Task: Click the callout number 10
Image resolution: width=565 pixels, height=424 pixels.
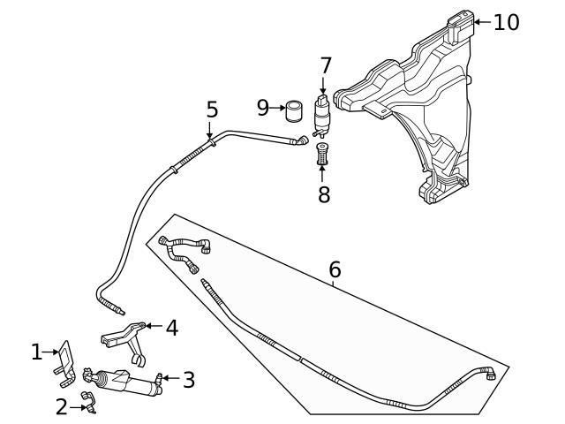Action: [x=506, y=22]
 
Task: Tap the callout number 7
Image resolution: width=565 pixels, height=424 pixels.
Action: [x=325, y=65]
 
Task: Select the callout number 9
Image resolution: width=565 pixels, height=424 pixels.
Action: [x=262, y=108]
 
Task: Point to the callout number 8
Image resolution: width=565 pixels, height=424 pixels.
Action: [x=324, y=195]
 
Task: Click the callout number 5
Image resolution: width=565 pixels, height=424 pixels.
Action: [x=212, y=110]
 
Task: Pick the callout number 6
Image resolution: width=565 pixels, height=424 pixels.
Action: [x=335, y=269]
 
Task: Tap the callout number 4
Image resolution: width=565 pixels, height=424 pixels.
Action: [x=171, y=328]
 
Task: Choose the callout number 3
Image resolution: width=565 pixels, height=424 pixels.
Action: [x=188, y=380]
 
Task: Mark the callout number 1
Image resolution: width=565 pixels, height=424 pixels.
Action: [x=36, y=352]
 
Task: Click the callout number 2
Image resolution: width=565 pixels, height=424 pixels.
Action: [x=61, y=407]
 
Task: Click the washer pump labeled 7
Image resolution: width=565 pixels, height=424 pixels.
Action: [x=323, y=113]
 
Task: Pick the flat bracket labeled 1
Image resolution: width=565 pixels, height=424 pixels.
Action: [x=65, y=360]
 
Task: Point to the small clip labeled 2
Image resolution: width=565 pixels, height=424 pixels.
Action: [x=88, y=402]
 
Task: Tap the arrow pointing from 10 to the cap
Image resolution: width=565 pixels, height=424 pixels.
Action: [x=481, y=22]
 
